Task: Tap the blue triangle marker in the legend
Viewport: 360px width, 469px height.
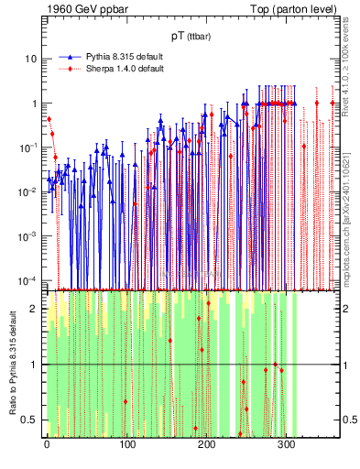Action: click(x=70, y=57)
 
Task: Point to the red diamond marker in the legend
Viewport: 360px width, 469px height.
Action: click(x=70, y=69)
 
